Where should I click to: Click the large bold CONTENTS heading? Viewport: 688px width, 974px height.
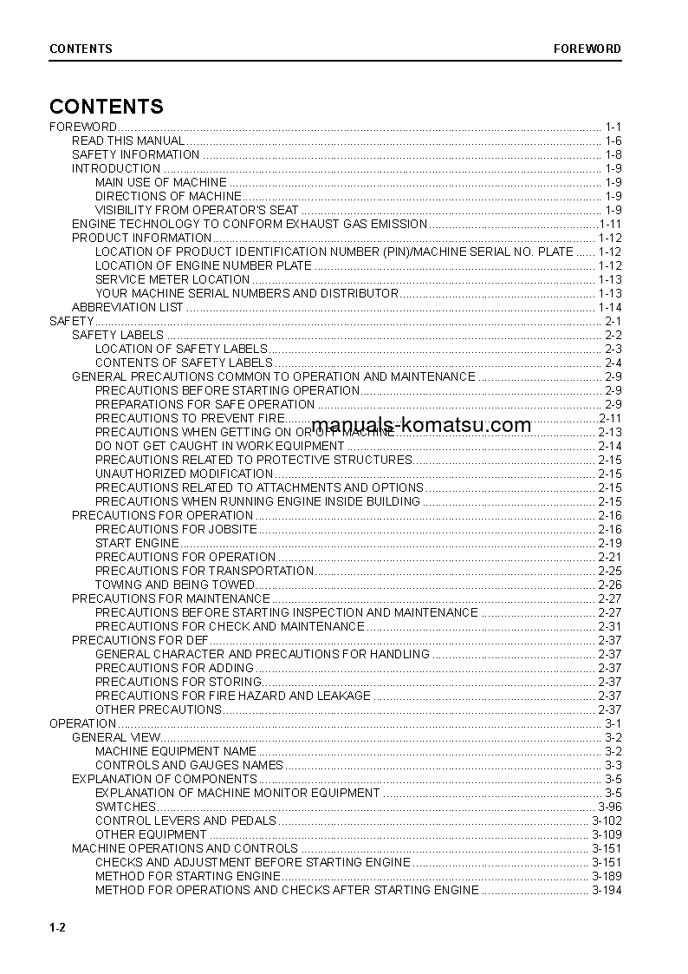107,107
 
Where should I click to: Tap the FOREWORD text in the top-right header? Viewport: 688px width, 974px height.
587,49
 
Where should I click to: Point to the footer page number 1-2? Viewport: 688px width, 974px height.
58,928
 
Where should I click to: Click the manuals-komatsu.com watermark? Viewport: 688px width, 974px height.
420,425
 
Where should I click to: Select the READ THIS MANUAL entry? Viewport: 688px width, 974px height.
128,141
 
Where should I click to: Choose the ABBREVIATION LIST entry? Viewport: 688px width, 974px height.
127,307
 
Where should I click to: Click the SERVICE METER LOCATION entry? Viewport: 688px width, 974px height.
172,279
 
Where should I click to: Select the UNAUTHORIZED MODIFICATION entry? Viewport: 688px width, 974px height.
184,474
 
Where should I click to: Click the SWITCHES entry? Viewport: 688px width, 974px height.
126,807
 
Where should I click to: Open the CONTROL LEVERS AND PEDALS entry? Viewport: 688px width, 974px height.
185,820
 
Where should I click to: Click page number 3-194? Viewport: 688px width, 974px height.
607,890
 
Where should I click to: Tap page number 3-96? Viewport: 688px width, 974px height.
610,807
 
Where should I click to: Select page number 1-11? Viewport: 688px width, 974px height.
610,224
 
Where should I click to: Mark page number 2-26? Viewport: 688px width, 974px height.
610,585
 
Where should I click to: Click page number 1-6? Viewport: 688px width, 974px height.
613,141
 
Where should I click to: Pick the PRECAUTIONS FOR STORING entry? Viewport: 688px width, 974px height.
178,682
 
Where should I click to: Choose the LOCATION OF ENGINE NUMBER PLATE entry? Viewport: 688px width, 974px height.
203,265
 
